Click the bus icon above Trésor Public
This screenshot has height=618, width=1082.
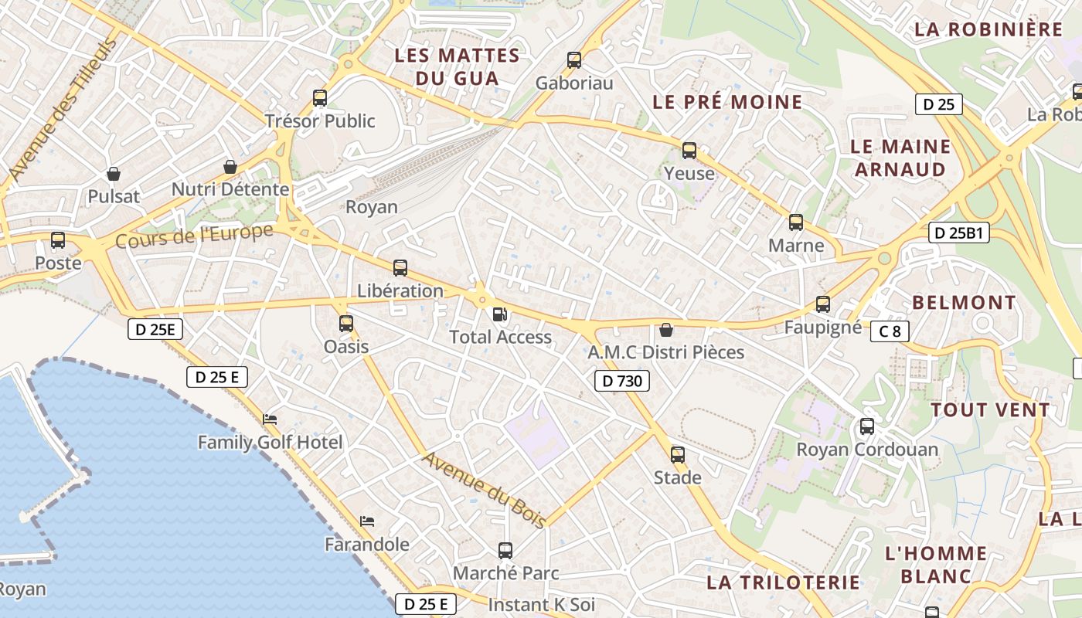coord(320,98)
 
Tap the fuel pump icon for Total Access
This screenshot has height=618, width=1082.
coord(501,314)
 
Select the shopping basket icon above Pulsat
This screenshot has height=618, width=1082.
coord(114,174)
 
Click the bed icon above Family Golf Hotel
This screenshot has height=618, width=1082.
coord(270,419)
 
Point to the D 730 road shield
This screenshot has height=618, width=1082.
coord(622,380)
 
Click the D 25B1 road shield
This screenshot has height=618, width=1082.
coord(958,233)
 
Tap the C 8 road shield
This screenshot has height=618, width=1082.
coord(890,331)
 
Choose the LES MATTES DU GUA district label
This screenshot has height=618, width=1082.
coord(457,66)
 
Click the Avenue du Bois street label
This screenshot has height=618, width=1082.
coord(485,489)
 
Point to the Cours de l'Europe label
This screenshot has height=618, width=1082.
coord(194,236)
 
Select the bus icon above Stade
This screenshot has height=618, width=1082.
coord(678,454)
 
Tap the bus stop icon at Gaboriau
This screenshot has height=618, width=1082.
coord(574,59)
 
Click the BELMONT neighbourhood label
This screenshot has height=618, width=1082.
coord(964,302)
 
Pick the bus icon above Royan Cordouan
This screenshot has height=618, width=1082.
coord(867,426)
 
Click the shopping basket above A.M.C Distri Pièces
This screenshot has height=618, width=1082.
coord(666,330)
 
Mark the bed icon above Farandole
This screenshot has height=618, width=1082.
coord(367,521)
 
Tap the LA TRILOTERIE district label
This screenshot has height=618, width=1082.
coord(783,582)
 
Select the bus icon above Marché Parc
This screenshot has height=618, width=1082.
coord(505,550)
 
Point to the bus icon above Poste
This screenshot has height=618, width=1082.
coord(58,240)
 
